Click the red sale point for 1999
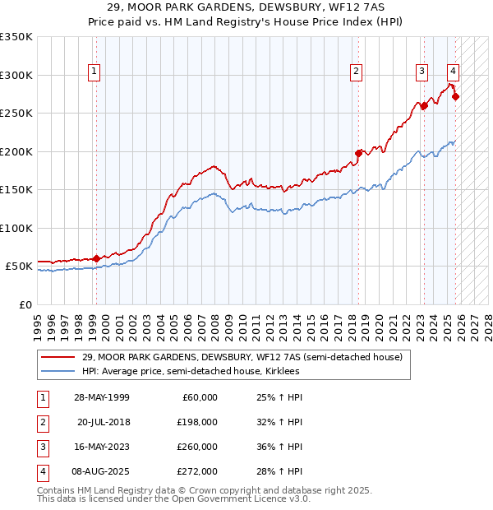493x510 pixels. click(97, 258)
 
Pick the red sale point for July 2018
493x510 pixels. click(358, 152)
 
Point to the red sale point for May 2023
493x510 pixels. click(424, 105)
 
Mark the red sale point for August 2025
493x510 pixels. click(456, 96)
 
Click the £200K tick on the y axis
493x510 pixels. click(16, 151)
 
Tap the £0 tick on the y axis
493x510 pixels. click(25, 304)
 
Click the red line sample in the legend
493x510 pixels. click(58, 357)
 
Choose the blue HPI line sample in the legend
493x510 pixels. click(58, 372)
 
